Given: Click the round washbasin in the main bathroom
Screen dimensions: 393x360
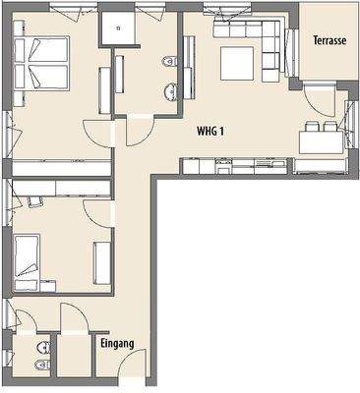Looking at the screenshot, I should click(x=170, y=92).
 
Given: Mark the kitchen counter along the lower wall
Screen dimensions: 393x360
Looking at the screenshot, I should click(x=236, y=163).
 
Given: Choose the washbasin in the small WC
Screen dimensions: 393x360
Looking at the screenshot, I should click(x=41, y=352).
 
